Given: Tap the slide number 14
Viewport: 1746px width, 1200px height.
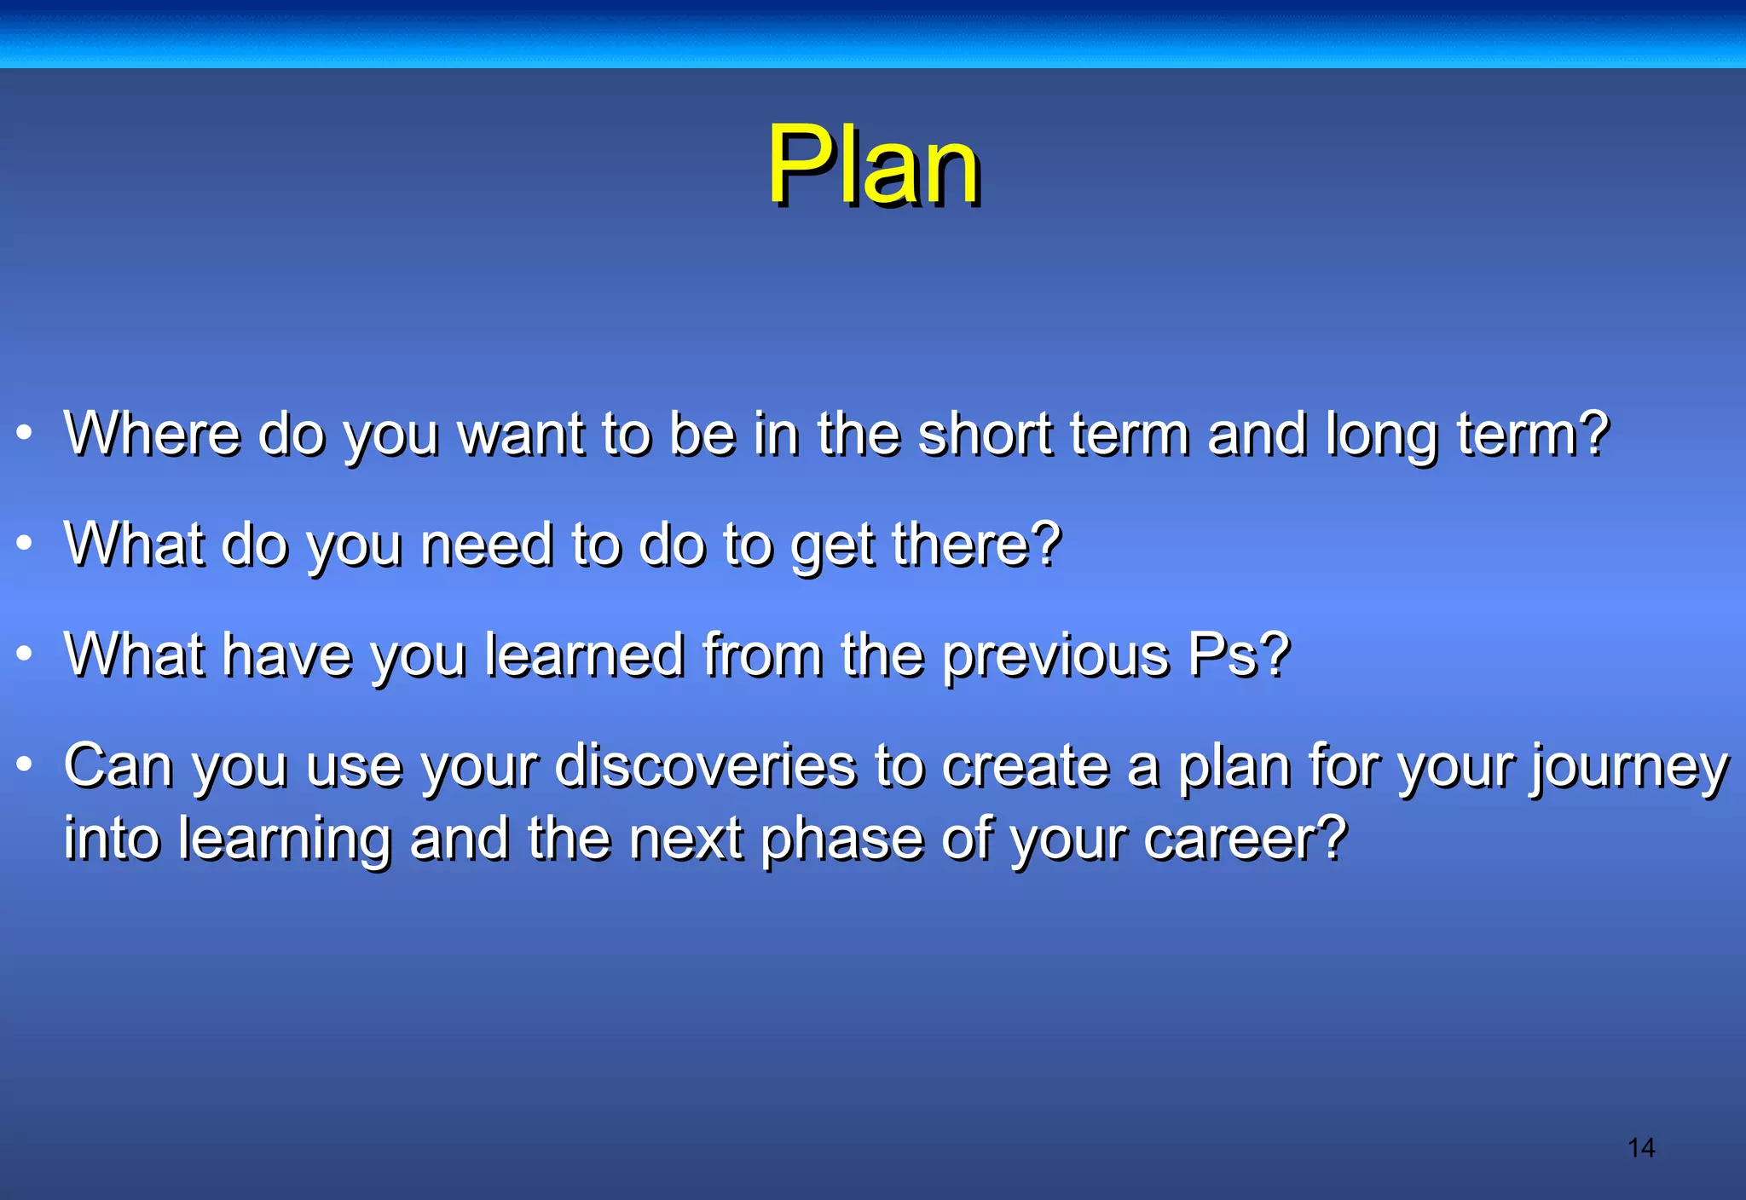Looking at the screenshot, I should tap(1640, 1148).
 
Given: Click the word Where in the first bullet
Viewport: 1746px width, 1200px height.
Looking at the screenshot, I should tap(153, 434).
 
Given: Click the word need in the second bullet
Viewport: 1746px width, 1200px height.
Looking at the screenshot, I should tap(487, 545).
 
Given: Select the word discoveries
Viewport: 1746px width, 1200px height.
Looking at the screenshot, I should tap(705, 766).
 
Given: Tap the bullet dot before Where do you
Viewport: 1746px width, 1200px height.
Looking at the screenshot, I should tap(25, 433).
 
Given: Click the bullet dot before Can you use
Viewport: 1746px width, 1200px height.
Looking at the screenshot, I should tap(25, 764).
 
